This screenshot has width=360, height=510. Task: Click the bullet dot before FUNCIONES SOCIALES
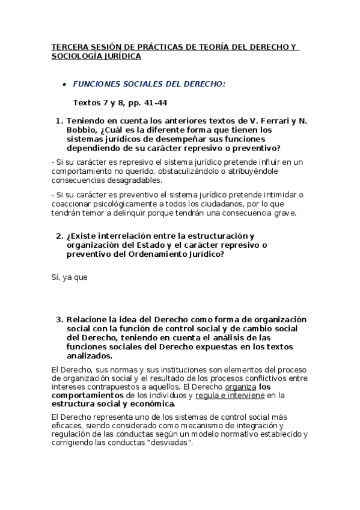tap(64, 85)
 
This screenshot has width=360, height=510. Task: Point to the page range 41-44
tap(156, 102)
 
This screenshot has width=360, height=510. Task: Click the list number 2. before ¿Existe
tap(59, 236)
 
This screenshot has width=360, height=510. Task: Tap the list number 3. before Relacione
tap(59, 319)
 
